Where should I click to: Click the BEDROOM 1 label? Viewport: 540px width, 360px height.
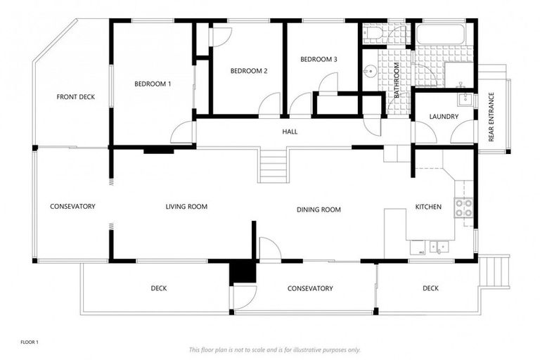pos(153,84)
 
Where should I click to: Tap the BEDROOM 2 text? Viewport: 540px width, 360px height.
pos(249,71)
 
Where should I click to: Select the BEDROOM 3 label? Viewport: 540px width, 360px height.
pos(319,59)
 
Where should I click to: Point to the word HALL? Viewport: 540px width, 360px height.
pos(290,131)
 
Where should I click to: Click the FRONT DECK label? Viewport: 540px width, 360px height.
pos(75,97)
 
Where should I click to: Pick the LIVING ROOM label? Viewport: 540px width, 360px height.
pos(186,207)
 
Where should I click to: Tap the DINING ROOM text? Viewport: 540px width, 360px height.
pos(319,210)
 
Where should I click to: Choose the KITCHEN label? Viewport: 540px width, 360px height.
pos(428,207)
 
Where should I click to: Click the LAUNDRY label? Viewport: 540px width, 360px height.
pos(444,117)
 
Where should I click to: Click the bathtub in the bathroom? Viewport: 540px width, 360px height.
pos(439,33)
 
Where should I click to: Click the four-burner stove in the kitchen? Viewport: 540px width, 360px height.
pos(463,207)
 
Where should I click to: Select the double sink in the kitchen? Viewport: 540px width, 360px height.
pos(440,247)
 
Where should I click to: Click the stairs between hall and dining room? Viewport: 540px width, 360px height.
pos(274,165)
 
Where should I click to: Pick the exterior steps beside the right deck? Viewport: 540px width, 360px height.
pos(497,271)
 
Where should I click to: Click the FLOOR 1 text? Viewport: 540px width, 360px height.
pos(29,342)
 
